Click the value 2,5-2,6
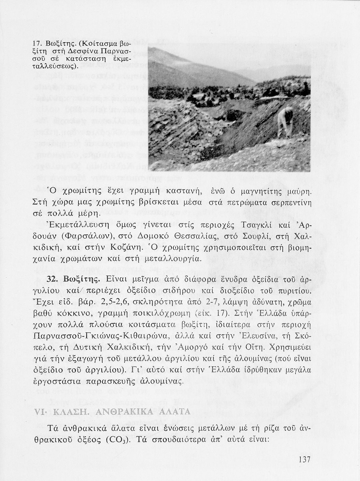pos(104,302)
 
